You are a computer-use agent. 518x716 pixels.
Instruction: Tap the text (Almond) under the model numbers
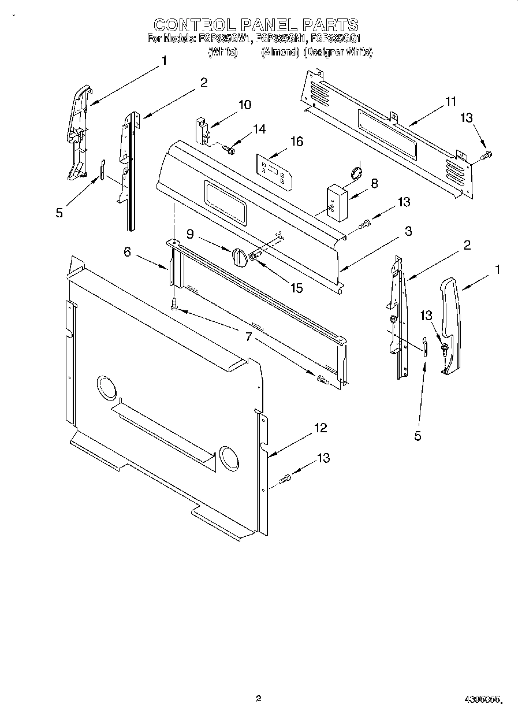(280, 52)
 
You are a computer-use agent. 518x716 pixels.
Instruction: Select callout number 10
(245, 105)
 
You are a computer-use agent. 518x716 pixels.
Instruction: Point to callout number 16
(296, 142)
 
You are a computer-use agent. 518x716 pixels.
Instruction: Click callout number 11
(450, 102)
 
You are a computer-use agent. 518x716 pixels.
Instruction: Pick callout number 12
(320, 428)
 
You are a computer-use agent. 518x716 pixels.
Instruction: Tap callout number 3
(408, 232)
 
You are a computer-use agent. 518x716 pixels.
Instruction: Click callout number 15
(296, 287)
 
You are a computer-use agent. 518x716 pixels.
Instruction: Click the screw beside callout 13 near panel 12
(285, 478)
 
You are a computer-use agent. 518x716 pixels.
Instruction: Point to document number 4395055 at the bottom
(482, 699)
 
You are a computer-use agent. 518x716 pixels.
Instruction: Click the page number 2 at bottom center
(259, 698)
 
